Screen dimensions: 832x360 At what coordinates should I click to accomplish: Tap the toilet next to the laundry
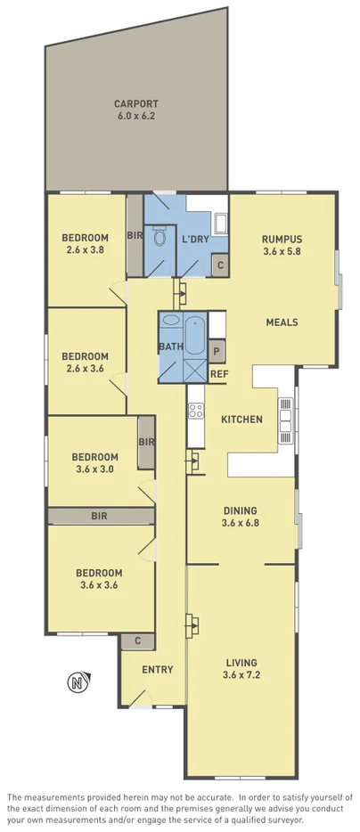[160, 238]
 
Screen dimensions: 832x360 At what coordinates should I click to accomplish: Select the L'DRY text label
[195, 241]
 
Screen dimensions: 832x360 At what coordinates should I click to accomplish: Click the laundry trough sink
[220, 223]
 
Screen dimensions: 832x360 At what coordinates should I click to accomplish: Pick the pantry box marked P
[217, 350]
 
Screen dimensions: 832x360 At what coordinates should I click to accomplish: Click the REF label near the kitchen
[219, 374]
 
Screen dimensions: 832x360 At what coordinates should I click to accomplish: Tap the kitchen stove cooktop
[196, 412]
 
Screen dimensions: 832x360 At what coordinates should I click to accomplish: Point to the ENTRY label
[158, 670]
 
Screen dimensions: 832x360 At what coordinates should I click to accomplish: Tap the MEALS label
[282, 322]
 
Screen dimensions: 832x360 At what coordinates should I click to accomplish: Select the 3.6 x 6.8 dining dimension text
[241, 523]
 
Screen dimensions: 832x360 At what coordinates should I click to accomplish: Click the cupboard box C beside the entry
[138, 640]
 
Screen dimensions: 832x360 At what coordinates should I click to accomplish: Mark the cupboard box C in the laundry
[220, 265]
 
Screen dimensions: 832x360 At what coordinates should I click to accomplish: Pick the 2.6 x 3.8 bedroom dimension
[85, 249]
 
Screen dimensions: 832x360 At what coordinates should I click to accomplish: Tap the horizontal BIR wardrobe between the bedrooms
[100, 516]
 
